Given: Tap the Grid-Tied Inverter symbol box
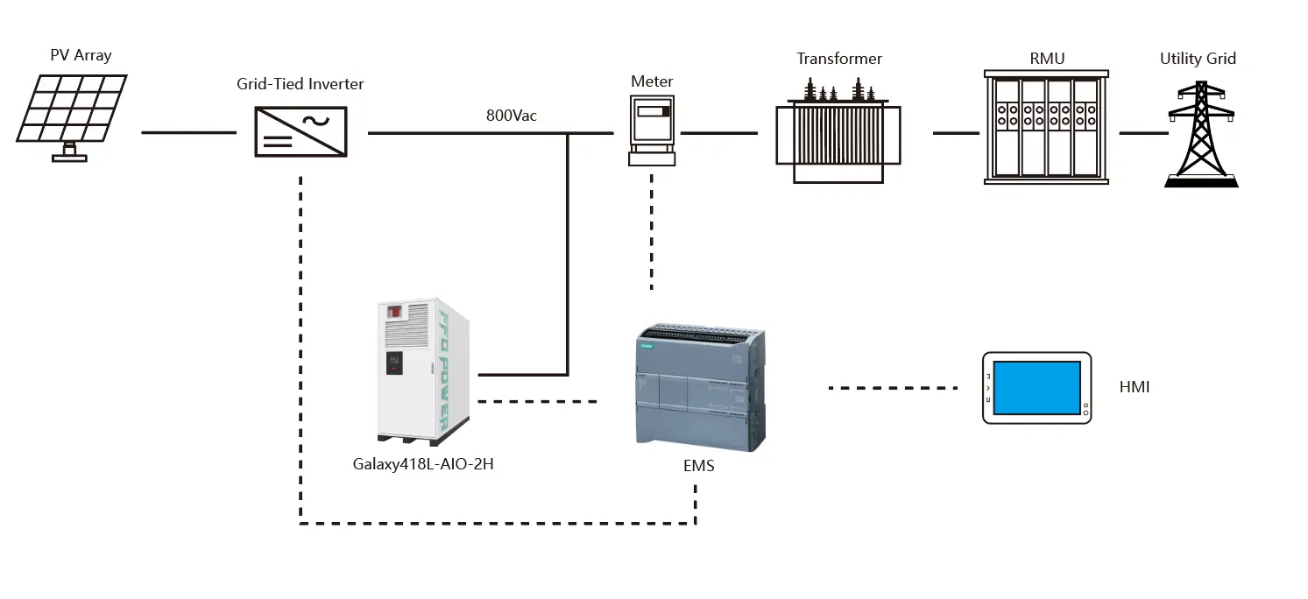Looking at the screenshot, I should click(x=300, y=131).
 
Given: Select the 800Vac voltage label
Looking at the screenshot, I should click(x=512, y=115).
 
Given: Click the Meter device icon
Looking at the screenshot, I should click(x=653, y=130).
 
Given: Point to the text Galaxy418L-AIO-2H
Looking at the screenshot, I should click(x=423, y=464).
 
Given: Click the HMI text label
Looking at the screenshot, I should click(x=1134, y=386).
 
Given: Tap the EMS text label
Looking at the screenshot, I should click(x=698, y=466).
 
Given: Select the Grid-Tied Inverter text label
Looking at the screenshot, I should click(x=300, y=84).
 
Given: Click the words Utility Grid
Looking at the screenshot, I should click(x=1198, y=59).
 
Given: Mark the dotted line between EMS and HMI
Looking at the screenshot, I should click(x=893, y=387).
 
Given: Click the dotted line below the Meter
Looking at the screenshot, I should click(x=652, y=232).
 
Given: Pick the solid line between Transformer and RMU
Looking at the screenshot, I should click(x=956, y=133).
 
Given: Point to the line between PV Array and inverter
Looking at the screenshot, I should click(x=188, y=133).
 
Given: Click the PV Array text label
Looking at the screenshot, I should click(x=81, y=55).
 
